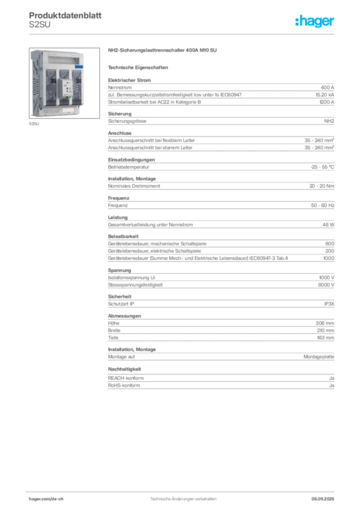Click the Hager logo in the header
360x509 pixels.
pyautogui.click(x=314, y=21)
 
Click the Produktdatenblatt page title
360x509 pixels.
pyautogui.click(x=65, y=15)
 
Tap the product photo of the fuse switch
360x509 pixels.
pyautogui.click(x=64, y=83)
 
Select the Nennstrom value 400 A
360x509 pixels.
pyautogui.click(x=327, y=87)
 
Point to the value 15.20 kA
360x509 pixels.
pyautogui.click(x=325, y=95)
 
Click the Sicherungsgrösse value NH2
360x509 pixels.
pyautogui.click(x=329, y=121)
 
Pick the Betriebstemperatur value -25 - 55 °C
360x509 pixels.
pyautogui.click(x=322, y=167)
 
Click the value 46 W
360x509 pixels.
pyautogui.click(x=328, y=225)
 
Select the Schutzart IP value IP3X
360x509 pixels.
pyautogui.click(x=329, y=304)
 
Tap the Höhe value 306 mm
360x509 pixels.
pyautogui.click(x=325, y=323)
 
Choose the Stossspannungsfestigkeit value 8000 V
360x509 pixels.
pyautogui.click(x=326, y=285)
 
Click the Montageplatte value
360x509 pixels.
pyautogui.click(x=319, y=357)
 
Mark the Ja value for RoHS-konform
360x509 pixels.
pyautogui.click(x=332, y=385)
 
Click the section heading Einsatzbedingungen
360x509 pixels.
pyautogui.click(x=131, y=160)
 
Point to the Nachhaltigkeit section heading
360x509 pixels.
pyautogui.click(x=124, y=369)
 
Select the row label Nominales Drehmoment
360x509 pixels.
pyautogui.click(x=134, y=186)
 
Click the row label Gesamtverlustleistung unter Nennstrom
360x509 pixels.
pyautogui.click(x=150, y=225)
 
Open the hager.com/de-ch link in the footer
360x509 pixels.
pyautogui.click(x=46, y=499)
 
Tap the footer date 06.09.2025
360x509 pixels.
pyautogui.click(x=323, y=499)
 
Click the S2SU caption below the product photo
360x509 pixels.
pyautogui.click(x=34, y=124)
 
